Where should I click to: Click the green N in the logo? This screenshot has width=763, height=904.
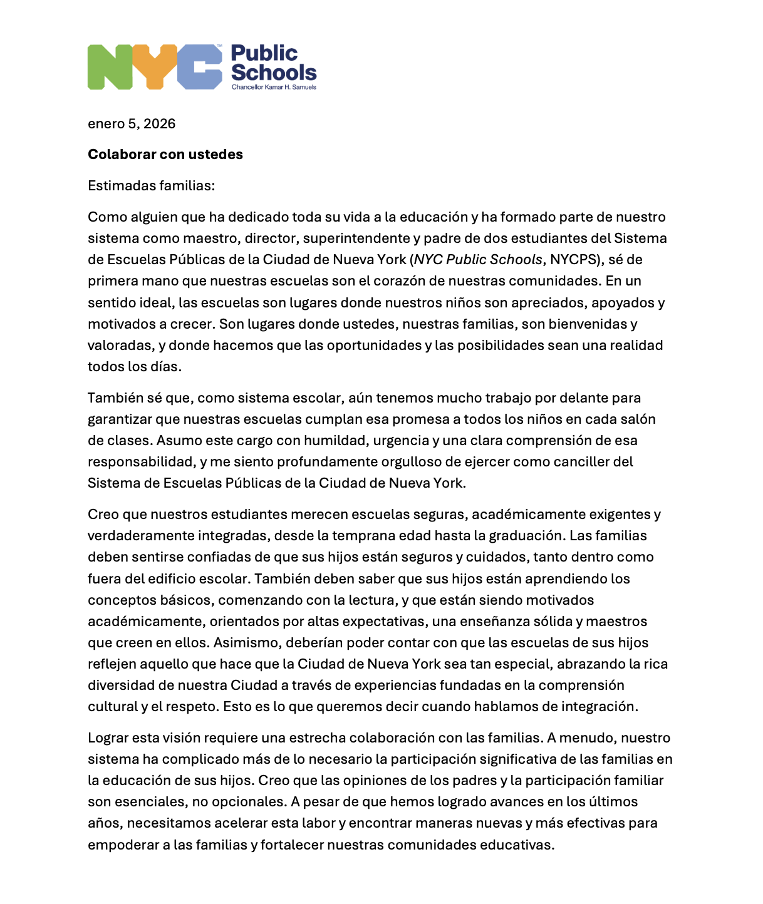coord(110,67)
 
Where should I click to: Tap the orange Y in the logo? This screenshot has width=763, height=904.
coord(154,67)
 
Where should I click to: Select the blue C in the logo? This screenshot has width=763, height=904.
coord(200,67)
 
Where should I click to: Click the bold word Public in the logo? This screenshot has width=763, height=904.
coord(264,54)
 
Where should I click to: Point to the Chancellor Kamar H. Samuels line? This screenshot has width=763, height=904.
coord(274,87)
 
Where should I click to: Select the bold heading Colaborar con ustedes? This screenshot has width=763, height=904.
coord(165,155)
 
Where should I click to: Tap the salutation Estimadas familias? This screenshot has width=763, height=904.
coord(151,186)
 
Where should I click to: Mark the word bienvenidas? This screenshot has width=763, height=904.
coord(589,324)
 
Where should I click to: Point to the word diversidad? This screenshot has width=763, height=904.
coord(118,686)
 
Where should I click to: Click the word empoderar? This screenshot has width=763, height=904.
coord(123,845)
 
